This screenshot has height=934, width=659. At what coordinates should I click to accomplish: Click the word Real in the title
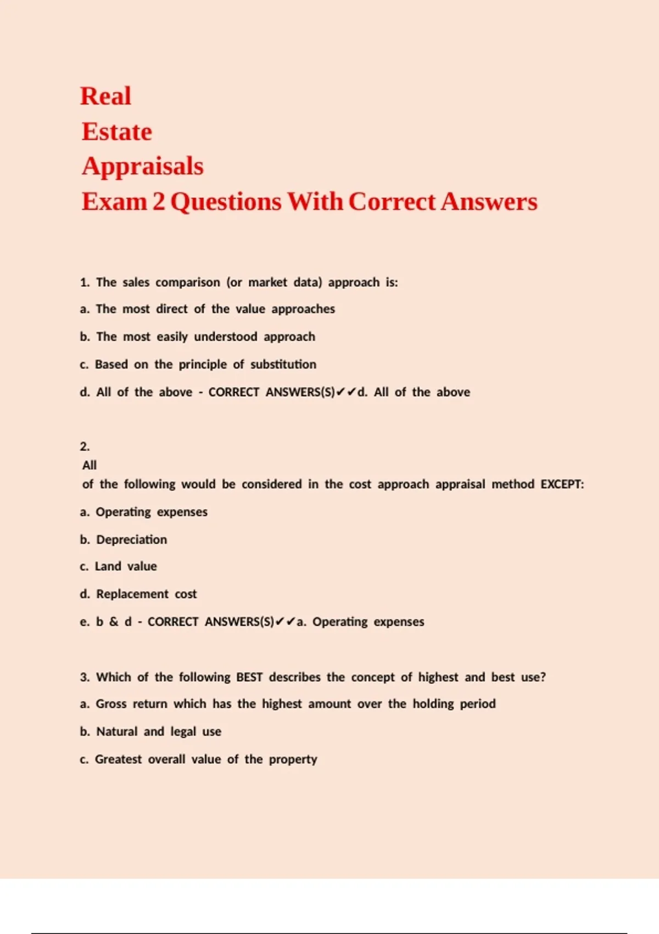click(x=105, y=96)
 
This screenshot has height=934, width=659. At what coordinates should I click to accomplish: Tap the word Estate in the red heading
click(x=117, y=132)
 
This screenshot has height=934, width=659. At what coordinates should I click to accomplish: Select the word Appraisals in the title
click(x=143, y=166)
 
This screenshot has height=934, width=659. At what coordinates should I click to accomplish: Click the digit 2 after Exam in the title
click(x=159, y=202)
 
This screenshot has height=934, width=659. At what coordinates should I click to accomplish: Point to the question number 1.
click(x=84, y=282)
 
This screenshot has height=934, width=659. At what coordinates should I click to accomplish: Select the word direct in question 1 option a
click(x=172, y=309)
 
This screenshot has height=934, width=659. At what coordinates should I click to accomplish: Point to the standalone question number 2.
click(x=85, y=446)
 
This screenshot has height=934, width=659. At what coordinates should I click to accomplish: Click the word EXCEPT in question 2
click(x=561, y=484)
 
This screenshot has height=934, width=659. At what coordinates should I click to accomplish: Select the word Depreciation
click(x=132, y=540)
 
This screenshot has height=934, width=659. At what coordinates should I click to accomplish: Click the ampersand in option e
click(x=114, y=621)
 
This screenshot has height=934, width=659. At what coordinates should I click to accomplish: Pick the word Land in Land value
click(x=108, y=566)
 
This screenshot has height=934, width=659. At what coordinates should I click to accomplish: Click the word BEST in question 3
click(x=249, y=677)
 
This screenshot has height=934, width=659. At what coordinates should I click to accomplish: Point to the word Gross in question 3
click(x=111, y=704)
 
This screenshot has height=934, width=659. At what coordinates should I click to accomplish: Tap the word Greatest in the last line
click(x=118, y=759)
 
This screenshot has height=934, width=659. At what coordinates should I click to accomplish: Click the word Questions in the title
click(x=226, y=202)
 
